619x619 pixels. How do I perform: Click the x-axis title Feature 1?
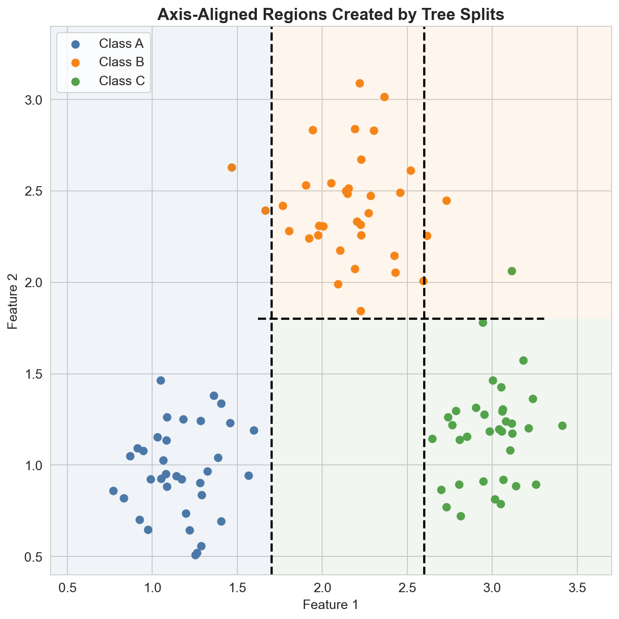[x=331, y=605]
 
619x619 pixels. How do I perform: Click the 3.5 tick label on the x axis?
[x=577, y=586]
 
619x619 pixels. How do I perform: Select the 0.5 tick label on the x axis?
[x=67, y=586]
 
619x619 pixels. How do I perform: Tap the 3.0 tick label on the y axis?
[x=34, y=100]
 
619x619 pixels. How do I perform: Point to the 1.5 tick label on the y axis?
[x=34, y=374]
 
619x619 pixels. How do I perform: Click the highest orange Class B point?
[x=360, y=83]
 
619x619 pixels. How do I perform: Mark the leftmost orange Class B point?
[x=232, y=167]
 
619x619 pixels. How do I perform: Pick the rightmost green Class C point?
[x=562, y=425]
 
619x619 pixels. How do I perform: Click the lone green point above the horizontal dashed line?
[x=512, y=271]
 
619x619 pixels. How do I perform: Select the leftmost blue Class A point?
[x=113, y=491]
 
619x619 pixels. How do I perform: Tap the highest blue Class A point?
[x=161, y=380]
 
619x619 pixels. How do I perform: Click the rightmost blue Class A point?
[x=254, y=430]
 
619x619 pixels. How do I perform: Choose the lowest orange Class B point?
[x=361, y=311]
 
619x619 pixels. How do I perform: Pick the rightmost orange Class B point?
[x=446, y=200]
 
